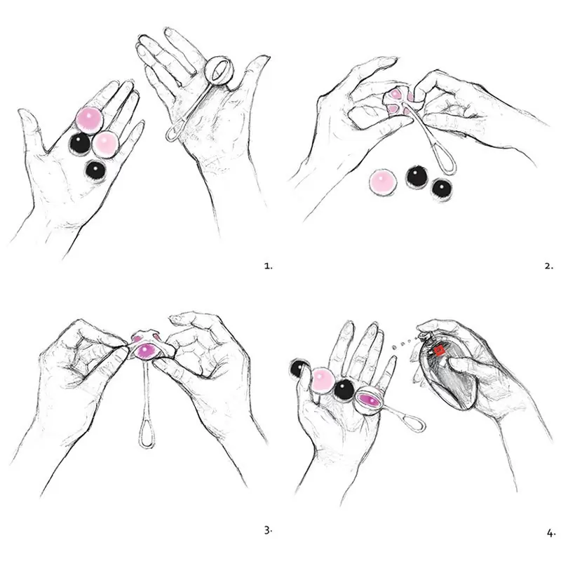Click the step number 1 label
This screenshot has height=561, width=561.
tap(267, 266)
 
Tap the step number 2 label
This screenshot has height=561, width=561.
tap(548, 266)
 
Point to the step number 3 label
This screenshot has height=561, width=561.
tap(267, 530)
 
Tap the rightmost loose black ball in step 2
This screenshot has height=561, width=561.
tap(441, 189)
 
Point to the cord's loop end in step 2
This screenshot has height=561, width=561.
tap(446, 164)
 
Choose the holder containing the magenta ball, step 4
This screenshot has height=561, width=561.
tap(369, 400)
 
